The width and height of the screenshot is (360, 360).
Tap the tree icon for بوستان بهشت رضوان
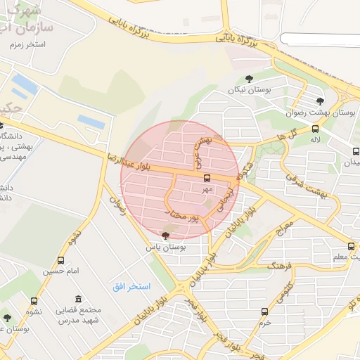[x=321, y=101]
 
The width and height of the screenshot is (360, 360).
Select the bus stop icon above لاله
[x=315, y=129]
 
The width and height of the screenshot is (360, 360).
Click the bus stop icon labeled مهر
[x=207, y=178]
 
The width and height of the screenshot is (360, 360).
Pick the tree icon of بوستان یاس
[x=165, y=236]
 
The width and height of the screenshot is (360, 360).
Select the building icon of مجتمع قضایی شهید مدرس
[x=77, y=300]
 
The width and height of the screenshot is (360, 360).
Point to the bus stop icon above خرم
[x=264, y=311]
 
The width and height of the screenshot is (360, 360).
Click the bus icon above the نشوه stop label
[x=34, y=301]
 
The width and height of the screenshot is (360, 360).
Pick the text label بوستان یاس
[x=165, y=247]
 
